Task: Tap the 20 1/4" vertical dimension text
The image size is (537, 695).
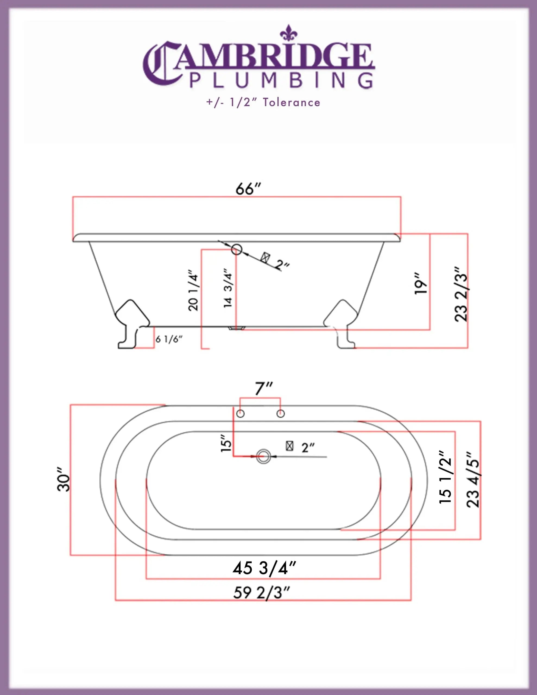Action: point(193,290)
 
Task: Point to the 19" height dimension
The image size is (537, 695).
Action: point(421,283)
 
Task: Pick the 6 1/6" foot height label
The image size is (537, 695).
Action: point(169,339)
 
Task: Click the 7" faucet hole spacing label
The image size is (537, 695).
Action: point(264,388)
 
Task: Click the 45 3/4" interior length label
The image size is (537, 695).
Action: point(264,568)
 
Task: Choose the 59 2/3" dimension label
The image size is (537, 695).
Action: point(262,593)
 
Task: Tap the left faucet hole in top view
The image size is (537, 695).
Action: point(240,414)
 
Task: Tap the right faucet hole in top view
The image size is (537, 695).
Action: point(280,414)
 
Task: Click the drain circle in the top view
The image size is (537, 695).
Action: point(263,456)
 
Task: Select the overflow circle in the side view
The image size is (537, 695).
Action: point(236,249)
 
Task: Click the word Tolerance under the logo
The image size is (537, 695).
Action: point(291,102)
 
